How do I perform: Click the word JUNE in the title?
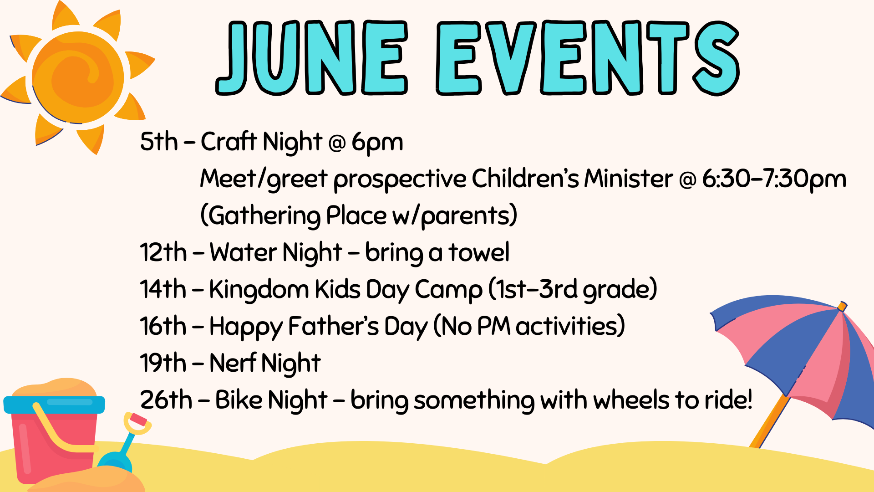[x=312, y=58]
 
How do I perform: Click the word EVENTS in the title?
[x=587, y=58]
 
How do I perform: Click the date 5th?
[x=159, y=142]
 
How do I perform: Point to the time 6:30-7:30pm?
[x=774, y=179]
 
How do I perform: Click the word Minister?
[x=628, y=179]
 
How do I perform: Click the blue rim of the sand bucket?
[x=54, y=405]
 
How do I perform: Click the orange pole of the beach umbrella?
[x=769, y=424]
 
